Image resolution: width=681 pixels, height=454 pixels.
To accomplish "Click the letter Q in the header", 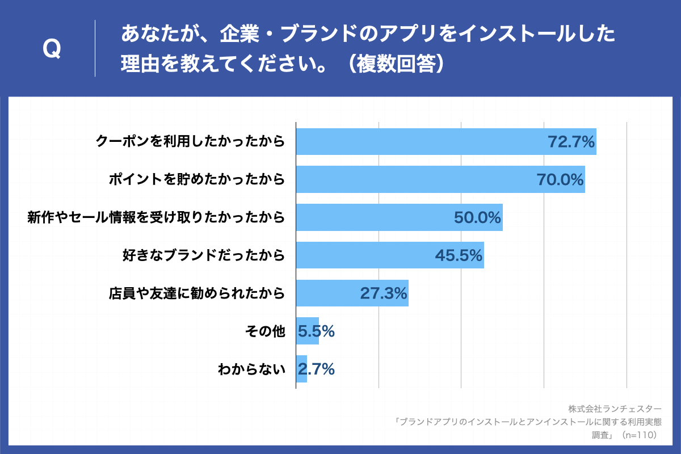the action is click(52, 49).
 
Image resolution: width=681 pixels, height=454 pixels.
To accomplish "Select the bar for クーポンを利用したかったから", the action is click(446, 141).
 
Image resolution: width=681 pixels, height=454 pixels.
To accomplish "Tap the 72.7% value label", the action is click(571, 142).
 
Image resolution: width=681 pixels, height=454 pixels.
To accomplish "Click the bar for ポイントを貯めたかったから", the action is click(440, 179).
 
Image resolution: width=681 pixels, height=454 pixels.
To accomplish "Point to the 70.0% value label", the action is click(560, 179).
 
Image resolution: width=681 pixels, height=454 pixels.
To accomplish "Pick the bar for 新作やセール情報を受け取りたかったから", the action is click(400, 217).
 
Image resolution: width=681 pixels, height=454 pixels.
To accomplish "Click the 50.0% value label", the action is click(477, 217).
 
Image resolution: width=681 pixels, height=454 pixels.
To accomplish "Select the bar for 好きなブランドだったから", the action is click(390, 255).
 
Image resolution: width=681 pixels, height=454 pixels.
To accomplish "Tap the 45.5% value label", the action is click(459, 255).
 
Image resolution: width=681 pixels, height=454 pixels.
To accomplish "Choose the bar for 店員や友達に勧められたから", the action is click(352, 293).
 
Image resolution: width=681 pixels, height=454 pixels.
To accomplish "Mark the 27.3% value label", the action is click(384, 293).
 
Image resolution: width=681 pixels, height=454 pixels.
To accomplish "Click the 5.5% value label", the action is click(316, 331).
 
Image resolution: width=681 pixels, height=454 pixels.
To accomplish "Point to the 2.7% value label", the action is click(316, 369).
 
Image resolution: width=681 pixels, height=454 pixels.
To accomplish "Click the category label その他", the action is click(265, 331).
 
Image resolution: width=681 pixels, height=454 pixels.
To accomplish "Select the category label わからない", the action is click(252, 369).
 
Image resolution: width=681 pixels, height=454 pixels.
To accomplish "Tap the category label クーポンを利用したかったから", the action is click(191, 141).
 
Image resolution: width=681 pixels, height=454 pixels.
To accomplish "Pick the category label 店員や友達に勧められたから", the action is click(197, 293).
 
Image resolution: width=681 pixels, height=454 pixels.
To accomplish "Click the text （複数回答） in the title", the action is click(397, 64).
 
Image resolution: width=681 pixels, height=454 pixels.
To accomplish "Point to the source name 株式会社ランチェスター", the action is click(615, 409).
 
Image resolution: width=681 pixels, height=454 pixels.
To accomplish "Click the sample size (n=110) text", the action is click(640, 435).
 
